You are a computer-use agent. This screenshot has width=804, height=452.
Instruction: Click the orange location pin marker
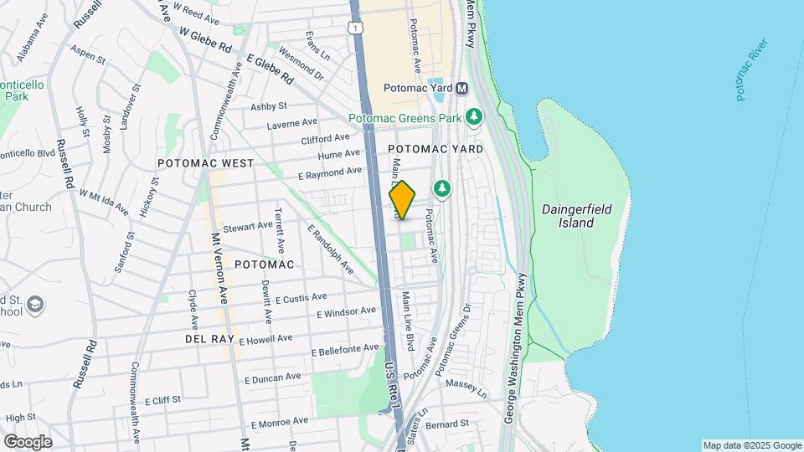[403, 200]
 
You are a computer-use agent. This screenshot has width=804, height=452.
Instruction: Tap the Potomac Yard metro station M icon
[461, 88]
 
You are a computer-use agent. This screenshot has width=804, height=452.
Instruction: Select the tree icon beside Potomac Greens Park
[474, 117]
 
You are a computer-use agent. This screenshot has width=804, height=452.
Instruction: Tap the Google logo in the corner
[28, 441]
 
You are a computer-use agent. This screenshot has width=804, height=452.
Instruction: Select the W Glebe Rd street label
[205, 39]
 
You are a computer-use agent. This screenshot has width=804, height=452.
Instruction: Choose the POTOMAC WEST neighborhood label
[206, 163]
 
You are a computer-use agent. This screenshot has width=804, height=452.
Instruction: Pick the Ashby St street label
[269, 106]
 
